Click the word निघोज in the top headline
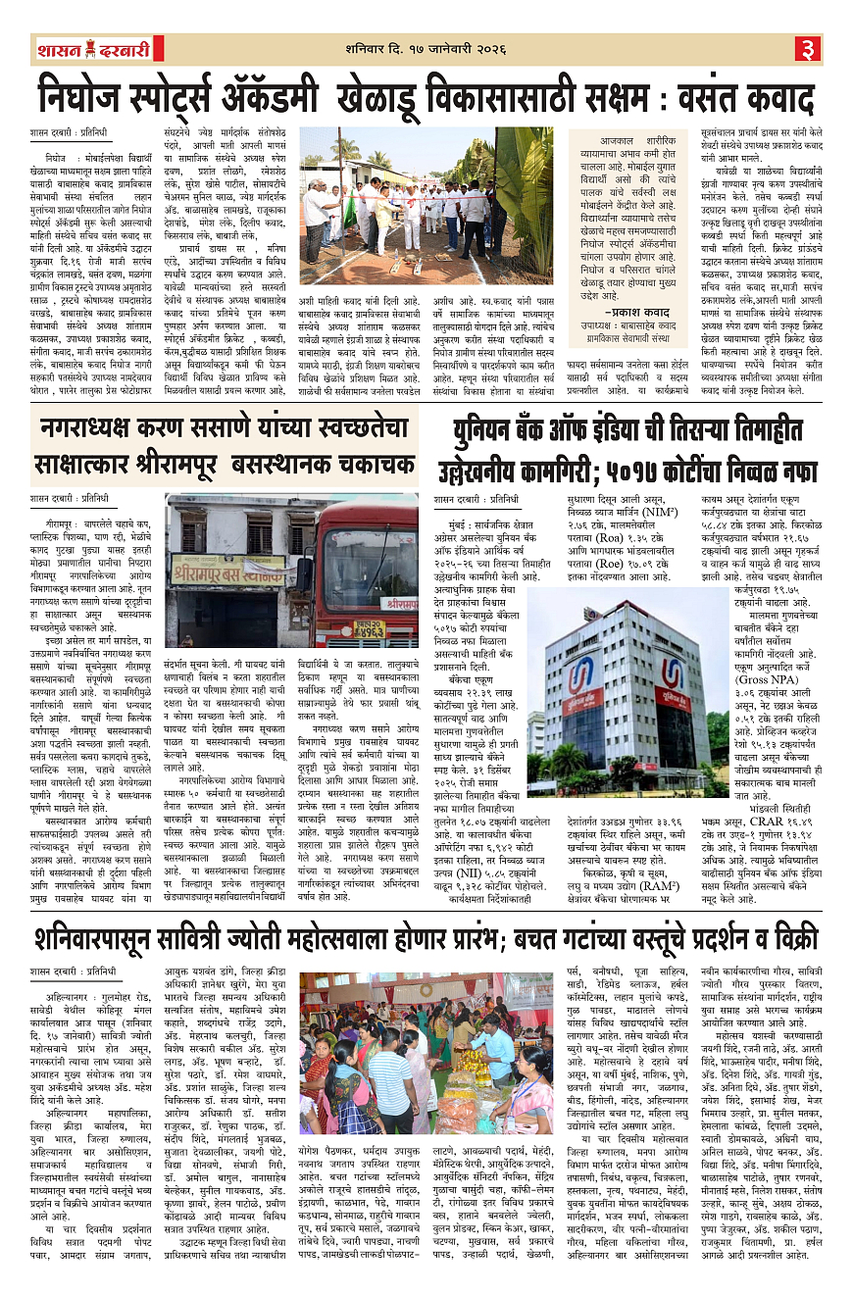(x=82, y=98)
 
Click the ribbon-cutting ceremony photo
(x=413, y=204)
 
